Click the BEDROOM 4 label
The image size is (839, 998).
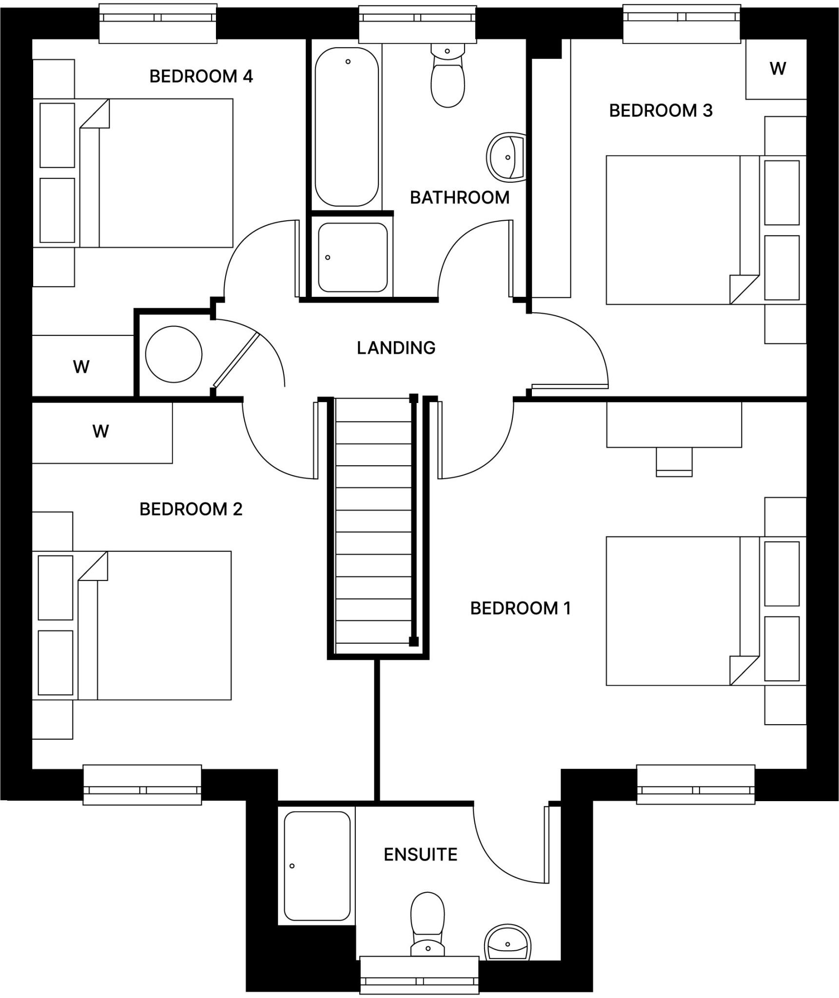[x=201, y=77]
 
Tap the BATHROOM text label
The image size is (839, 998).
[x=459, y=197]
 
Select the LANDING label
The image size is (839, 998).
[x=396, y=348]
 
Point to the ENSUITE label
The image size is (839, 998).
[x=420, y=854]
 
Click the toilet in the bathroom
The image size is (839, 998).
[x=447, y=78]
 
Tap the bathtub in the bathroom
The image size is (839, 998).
[x=347, y=127]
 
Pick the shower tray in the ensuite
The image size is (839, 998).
[x=317, y=865]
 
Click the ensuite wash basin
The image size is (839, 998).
[x=507, y=943]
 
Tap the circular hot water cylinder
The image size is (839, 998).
[x=174, y=354]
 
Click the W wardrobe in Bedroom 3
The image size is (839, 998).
[x=777, y=69]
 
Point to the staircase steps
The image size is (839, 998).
[x=373, y=521]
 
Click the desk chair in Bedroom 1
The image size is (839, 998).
[x=674, y=461]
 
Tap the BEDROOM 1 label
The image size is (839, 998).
[x=520, y=608]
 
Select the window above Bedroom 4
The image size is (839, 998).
[x=157, y=23]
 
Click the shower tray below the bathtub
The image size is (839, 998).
[x=352, y=257]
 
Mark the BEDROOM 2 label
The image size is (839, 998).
[x=191, y=509]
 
